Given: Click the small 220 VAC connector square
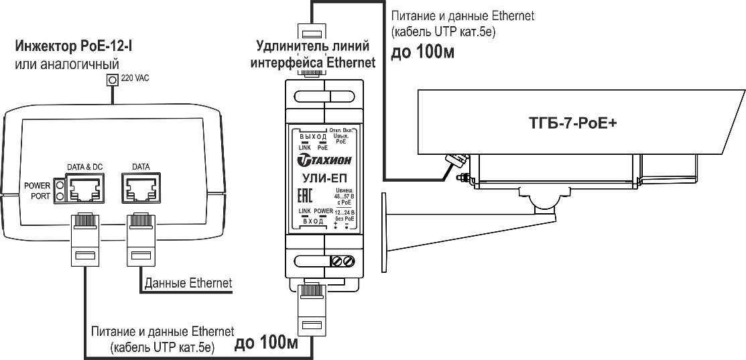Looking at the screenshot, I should click(112, 80).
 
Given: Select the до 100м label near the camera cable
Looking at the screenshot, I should click(422, 52).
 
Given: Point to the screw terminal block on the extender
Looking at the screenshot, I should click(343, 261).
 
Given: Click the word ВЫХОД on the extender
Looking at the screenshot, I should click(313, 136).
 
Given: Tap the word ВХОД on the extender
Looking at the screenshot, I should click(313, 221).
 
